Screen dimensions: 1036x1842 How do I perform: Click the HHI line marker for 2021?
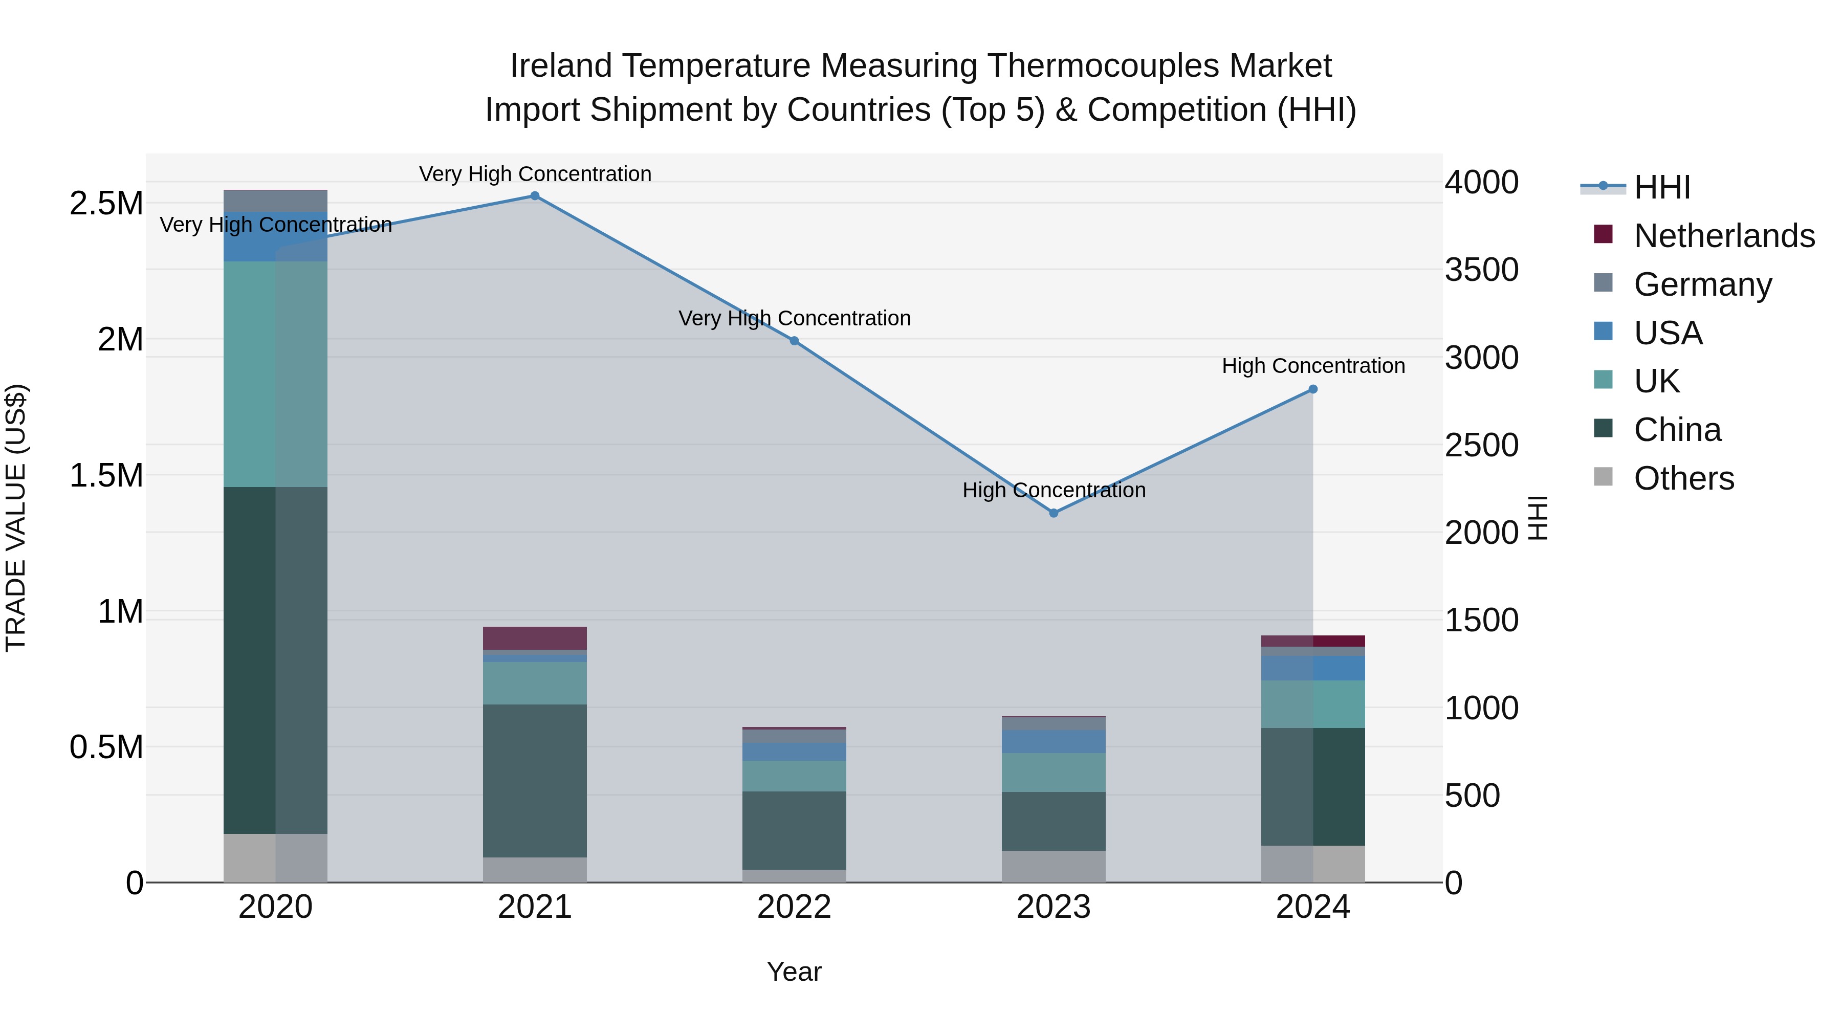(535, 196)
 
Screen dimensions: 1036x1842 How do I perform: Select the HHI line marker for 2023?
(1054, 513)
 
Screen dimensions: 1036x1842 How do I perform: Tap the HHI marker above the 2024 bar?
(1313, 390)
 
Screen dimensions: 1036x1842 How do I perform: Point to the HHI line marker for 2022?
(795, 341)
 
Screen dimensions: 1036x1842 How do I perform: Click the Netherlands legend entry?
(1724, 236)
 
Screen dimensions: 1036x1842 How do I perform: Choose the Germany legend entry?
(1702, 284)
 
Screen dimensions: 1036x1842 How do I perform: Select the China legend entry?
(1677, 430)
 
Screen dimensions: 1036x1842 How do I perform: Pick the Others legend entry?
(1683, 478)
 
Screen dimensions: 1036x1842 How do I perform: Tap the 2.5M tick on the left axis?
(106, 204)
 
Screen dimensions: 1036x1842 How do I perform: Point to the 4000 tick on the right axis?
(1481, 182)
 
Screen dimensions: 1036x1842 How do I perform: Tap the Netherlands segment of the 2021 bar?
(535, 638)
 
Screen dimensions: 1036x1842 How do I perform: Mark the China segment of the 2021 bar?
(535, 780)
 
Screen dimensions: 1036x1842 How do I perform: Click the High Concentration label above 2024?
(1313, 366)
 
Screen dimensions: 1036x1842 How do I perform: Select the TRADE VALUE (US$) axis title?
(16, 518)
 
